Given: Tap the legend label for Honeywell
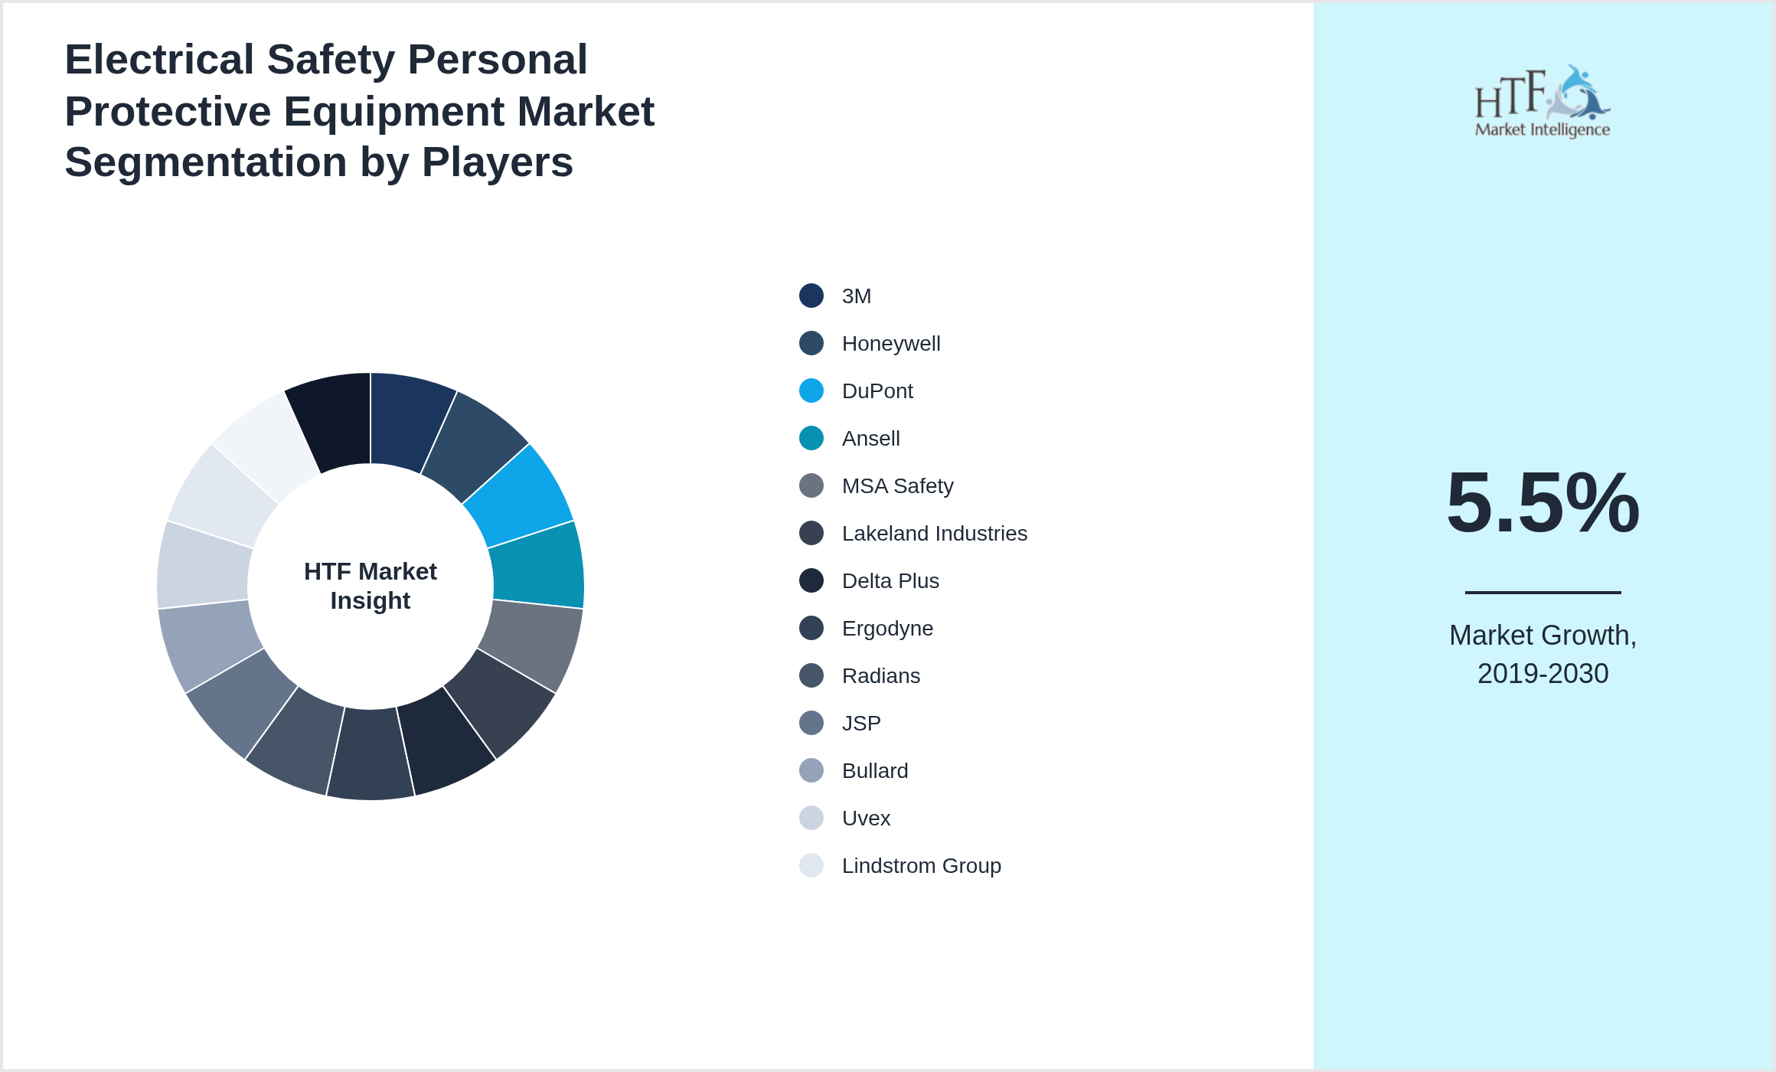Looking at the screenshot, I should click(890, 344).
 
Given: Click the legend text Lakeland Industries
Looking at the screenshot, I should click(934, 534).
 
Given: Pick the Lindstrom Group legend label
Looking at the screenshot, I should click(921, 866).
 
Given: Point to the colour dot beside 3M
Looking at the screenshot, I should click(811, 296).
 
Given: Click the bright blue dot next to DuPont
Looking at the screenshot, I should click(811, 391).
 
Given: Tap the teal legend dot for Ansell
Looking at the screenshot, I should click(811, 438).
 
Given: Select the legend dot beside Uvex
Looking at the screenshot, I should click(811, 818).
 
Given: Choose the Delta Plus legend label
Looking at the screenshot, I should click(890, 581).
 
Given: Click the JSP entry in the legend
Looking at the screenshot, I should click(861, 724).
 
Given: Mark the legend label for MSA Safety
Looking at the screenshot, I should click(897, 486).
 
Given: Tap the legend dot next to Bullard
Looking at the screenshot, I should click(811, 770).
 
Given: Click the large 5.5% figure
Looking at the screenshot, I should click(1543, 503).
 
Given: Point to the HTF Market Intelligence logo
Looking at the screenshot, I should click(1542, 102).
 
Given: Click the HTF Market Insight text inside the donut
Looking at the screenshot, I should click(371, 586).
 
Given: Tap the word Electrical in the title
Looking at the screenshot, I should click(159, 60).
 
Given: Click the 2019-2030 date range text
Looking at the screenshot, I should click(1543, 674).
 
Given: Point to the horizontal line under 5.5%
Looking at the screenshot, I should click(1543, 592).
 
